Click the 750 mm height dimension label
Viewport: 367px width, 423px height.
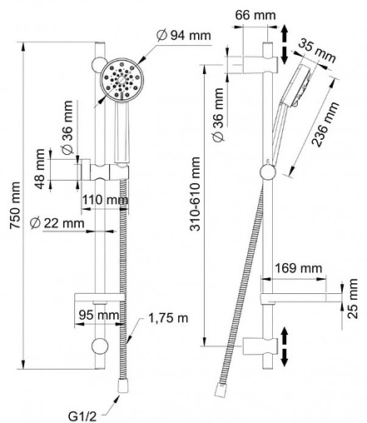point(15,205)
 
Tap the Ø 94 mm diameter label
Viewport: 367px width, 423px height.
point(184,35)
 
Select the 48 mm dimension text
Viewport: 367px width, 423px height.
point(41,169)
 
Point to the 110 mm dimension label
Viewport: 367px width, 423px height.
point(106,199)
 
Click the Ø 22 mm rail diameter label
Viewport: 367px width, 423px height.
point(57,223)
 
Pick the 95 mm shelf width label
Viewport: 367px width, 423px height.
point(99,315)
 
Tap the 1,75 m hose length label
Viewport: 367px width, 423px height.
point(168,318)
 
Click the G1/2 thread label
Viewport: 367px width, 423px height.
point(82,416)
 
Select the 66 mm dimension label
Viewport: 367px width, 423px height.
point(255,15)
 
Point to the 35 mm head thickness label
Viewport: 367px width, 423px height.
point(318,51)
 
